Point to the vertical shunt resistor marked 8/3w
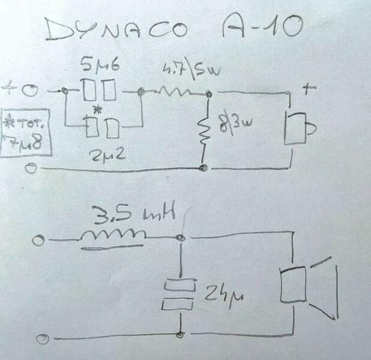coord(205,130)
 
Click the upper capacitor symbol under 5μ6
coord(100,91)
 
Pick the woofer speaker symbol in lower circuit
coord(306,286)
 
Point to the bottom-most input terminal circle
coord(42,340)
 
